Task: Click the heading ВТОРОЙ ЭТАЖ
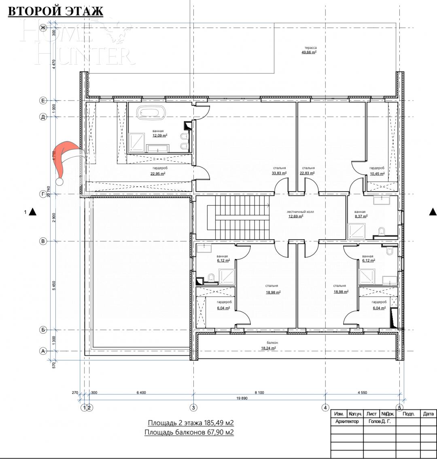(55, 11)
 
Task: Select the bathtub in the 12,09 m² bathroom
(150, 112)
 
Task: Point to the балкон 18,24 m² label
(268, 345)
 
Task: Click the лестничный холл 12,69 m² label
(295, 214)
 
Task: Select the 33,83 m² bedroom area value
(279, 173)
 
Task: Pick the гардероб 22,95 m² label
(157, 171)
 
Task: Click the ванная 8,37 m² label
(360, 214)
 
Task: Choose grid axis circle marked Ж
(42, 27)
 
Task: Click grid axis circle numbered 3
(193, 407)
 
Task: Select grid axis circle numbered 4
(325, 407)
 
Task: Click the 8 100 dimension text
(259, 392)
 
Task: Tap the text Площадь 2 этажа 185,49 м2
(191, 423)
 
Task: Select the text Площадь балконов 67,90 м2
(189, 432)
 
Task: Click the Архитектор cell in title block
(347, 421)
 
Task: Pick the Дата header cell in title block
(428, 414)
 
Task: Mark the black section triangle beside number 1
(33, 211)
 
